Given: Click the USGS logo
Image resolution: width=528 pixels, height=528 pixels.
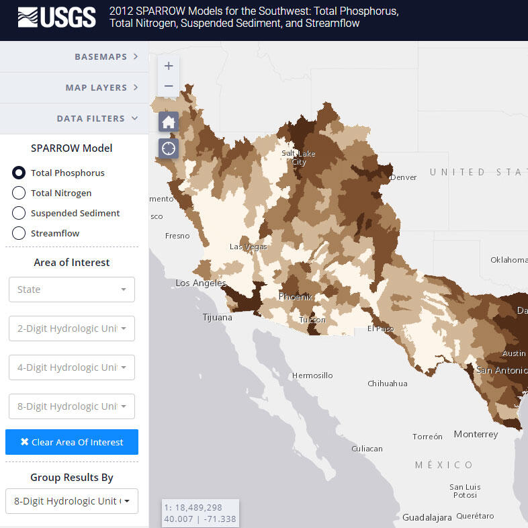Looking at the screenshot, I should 56,17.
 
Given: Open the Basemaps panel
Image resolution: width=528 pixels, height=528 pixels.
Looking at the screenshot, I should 74,56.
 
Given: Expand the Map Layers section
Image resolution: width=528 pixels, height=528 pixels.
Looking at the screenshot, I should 74,87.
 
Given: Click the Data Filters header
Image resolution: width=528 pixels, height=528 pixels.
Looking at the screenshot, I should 74,118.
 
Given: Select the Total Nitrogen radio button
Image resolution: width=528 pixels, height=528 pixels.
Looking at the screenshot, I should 19,193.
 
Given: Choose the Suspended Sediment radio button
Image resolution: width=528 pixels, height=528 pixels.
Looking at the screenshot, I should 19,213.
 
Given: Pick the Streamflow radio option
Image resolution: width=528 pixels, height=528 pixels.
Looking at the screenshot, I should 19,233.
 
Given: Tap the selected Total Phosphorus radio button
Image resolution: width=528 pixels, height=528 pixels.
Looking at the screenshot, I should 19,173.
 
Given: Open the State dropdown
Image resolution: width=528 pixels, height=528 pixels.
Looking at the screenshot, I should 71,290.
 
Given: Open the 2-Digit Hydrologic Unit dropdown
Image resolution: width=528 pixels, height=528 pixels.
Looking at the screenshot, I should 71,328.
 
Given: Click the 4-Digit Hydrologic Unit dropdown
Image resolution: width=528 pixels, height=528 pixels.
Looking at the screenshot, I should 71,367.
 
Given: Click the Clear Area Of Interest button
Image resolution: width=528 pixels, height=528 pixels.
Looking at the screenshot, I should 71,442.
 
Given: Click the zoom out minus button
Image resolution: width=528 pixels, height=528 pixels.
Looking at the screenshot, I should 169,86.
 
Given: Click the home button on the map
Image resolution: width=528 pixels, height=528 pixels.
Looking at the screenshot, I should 169,122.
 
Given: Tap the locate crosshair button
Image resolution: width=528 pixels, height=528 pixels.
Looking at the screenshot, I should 169,148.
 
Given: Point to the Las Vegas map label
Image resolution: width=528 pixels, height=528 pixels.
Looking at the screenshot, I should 248,247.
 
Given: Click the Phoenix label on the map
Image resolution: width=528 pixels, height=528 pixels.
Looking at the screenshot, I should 296,296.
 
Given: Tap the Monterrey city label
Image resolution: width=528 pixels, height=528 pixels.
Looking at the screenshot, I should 476,434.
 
